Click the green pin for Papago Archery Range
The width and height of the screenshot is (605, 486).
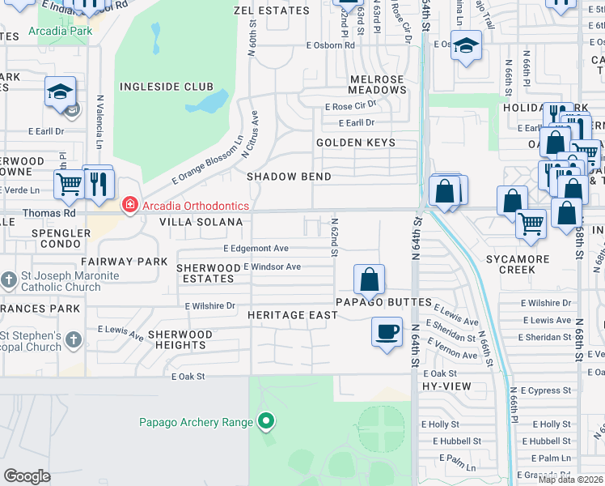[x=265, y=421]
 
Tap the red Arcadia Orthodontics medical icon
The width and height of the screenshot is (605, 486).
[x=129, y=206]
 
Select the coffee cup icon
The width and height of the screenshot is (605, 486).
[x=387, y=331]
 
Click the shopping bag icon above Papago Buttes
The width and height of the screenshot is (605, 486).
[x=369, y=279]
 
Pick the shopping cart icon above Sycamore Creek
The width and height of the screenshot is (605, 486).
[x=531, y=223]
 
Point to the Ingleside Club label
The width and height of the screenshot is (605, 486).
[x=167, y=87]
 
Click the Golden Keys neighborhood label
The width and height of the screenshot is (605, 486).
[x=356, y=143]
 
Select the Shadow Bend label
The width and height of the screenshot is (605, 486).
[x=289, y=177]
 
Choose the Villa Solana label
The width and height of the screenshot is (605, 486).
[x=201, y=222]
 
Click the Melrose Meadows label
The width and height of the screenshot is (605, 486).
[x=377, y=84]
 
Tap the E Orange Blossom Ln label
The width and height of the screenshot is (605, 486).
[x=207, y=159]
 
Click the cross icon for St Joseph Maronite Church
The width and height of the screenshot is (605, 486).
[x=9, y=280]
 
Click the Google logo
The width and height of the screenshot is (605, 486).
[x=27, y=475]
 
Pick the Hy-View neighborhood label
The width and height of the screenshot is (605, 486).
[x=440, y=388]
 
